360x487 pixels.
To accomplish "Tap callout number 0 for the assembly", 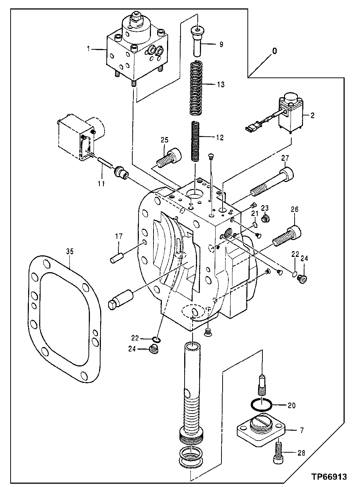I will point(274,52).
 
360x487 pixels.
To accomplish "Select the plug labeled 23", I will point(266,219).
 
